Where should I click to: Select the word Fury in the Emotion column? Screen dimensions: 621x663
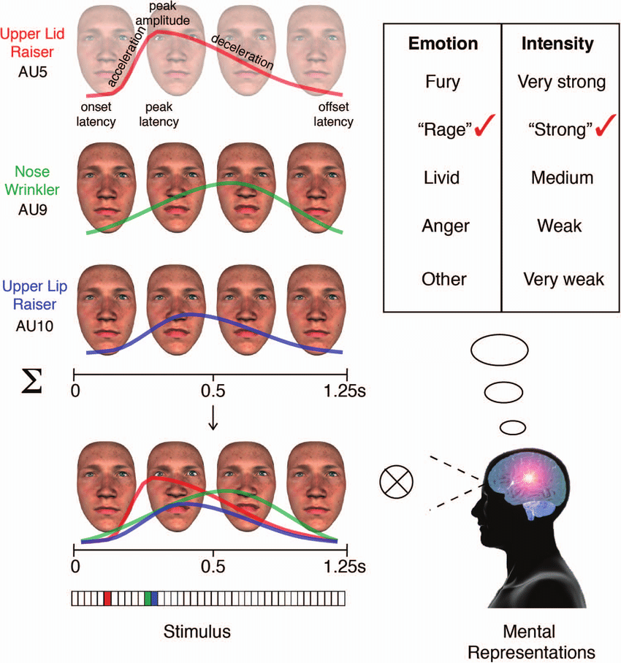click(x=443, y=82)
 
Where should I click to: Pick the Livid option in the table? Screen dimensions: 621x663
click(x=441, y=177)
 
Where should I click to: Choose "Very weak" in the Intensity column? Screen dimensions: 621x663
click(x=563, y=279)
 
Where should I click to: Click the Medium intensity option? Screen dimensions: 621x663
click(x=563, y=177)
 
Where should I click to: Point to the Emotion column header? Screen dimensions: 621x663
click(x=443, y=44)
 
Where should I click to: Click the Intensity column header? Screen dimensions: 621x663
click(x=557, y=44)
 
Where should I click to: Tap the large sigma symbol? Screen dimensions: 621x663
click(x=31, y=381)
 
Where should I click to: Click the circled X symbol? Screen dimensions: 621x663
click(x=396, y=482)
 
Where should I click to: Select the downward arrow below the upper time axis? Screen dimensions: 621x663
click(x=213, y=418)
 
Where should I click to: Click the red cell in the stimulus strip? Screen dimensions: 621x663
click(x=107, y=598)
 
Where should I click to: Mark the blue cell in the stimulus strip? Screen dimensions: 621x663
click(x=154, y=598)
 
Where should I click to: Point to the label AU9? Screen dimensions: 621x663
click(x=33, y=210)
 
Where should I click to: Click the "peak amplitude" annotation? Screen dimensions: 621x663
click(x=162, y=14)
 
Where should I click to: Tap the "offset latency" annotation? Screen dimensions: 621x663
click(x=333, y=114)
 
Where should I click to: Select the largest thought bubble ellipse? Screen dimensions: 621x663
click(x=500, y=350)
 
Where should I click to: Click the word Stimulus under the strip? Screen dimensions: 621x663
click(x=197, y=632)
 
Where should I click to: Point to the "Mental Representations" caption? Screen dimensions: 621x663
click(x=531, y=642)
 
